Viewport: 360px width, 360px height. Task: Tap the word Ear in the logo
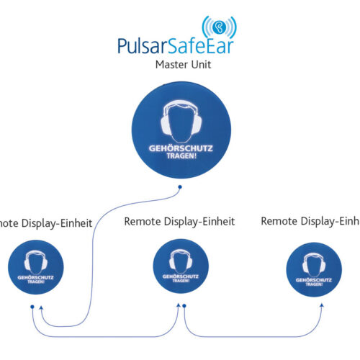pos(220,47)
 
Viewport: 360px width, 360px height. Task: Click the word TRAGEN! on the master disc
pos(180,156)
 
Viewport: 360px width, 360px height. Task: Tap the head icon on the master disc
pos(180,120)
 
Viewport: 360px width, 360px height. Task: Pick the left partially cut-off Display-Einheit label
pos(45,223)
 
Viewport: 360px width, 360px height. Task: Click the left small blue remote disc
pos(36,268)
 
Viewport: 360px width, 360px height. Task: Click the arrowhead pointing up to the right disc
pos(322,305)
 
